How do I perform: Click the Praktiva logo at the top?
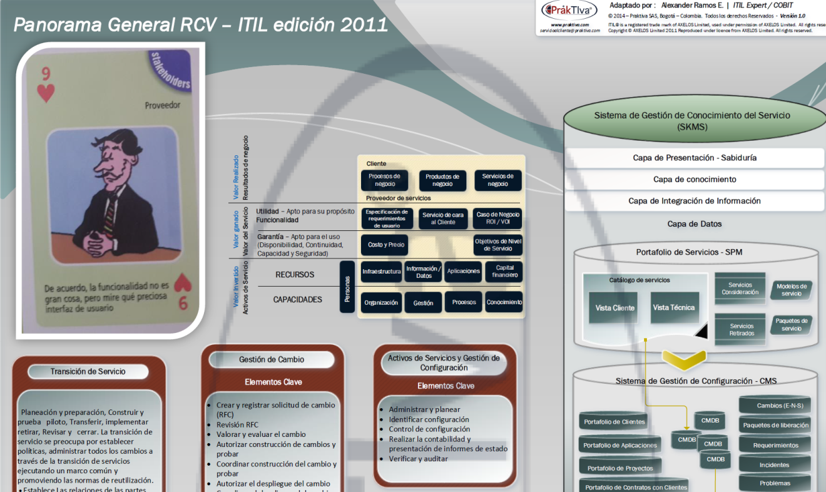pos(569,11)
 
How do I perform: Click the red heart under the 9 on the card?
pos(46,93)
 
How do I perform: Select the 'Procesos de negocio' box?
pos(384,180)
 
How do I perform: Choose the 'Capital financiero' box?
pos(504,271)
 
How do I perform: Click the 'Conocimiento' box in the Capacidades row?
pos(504,302)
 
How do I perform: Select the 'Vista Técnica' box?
pos(673,307)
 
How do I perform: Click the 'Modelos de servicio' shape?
pos(791,290)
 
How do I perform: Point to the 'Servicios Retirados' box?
pos(741,329)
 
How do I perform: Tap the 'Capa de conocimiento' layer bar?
pos(694,180)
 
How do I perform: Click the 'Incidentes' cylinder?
pos(775,465)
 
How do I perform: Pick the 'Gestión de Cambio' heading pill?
pos(272,359)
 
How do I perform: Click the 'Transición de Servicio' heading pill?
pos(88,371)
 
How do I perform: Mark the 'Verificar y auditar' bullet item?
pos(418,459)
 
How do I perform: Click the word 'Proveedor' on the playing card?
pos(162,106)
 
